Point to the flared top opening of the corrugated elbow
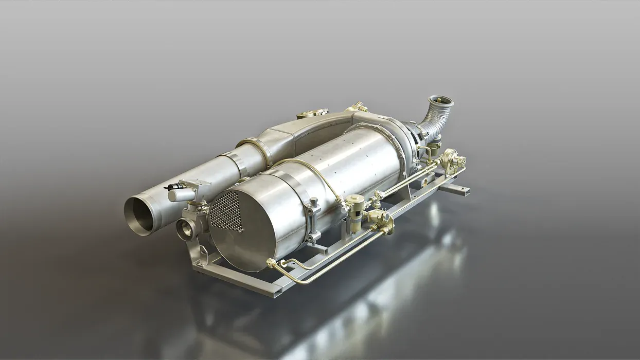click(x=441, y=101)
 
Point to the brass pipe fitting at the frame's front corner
click(x=271, y=264)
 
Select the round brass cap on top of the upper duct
click(x=307, y=113)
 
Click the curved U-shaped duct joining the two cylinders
click(x=319, y=129)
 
